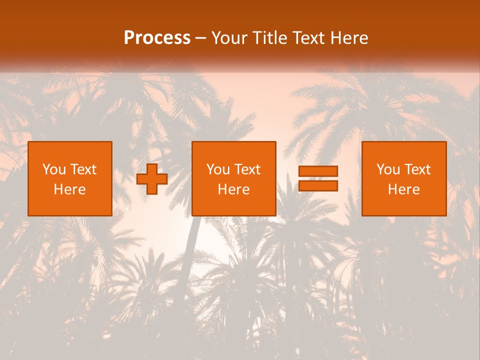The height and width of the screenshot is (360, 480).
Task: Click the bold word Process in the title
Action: [x=157, y=38]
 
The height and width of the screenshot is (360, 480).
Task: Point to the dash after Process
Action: [x=201, y=38]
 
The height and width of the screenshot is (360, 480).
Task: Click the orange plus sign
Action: [x=152, y=178]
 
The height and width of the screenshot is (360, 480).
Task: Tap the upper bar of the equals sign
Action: [x=318, y=171]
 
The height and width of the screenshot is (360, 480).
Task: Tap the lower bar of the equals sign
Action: [x=318, y=186]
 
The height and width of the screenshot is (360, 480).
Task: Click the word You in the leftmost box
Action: [x=54, y=169]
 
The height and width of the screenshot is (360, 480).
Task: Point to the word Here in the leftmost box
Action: [x=70, y=189]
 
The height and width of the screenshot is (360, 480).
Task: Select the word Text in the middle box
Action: [x=247, y=169]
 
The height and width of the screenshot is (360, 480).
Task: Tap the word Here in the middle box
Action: [x=234, y=189]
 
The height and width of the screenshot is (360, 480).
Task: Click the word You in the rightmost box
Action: [x=388, y=169]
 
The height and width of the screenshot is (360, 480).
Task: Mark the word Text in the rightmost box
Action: [x=417, y=169]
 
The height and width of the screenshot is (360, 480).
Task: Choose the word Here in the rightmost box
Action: [x=404, y=189]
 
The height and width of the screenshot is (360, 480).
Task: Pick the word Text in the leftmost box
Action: [x=83, y=169]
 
